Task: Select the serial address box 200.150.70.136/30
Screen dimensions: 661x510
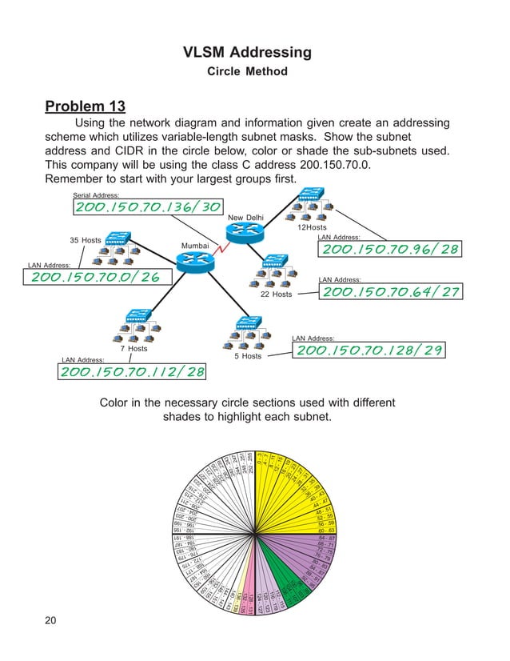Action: [147, 207]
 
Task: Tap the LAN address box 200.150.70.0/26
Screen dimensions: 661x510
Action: [94, 277]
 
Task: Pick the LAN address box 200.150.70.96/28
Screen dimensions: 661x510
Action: [389, 250]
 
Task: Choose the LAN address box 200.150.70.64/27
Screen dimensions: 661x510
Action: [389, 291]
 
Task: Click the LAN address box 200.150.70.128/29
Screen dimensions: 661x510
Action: [369, 351]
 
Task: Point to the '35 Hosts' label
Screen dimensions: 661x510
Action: [86, 240]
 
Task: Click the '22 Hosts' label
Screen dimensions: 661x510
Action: [276, 294]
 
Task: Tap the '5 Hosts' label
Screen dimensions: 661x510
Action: [247, 356]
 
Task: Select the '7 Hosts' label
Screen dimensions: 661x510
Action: [133, 349]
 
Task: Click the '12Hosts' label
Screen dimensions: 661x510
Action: [313, 228]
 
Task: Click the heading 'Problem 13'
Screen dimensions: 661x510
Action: [86, 106]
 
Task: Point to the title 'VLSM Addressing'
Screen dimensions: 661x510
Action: [246, 53]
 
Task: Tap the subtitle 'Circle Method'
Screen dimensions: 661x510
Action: [246, 72]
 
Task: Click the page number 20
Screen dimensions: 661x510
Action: [52, 623]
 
